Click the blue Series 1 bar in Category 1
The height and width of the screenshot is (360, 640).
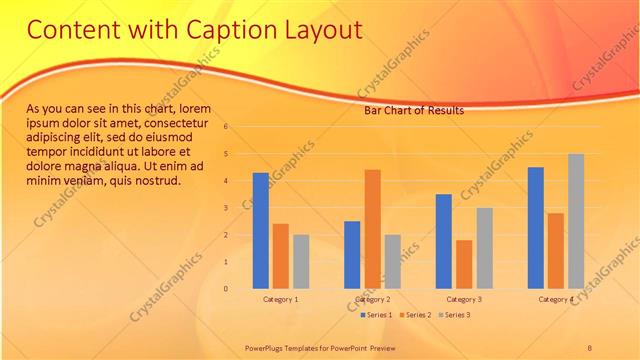coord(261,230)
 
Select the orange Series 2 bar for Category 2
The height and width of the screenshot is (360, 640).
coord(372,229)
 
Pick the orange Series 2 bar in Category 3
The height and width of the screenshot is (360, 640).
coord(464,264)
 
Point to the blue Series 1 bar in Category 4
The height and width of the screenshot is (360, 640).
coord(536,227)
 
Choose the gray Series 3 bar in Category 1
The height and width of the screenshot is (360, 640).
coord(301,261)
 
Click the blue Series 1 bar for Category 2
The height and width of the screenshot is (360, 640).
coord(352,254)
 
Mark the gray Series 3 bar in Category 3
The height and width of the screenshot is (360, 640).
coord(484,248)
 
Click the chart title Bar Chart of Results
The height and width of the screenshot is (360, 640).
coord(413,110)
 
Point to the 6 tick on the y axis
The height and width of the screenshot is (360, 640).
coord(227,127)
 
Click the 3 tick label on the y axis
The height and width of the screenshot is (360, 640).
coord(227,208)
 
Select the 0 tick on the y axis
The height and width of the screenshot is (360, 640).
coord(227,289)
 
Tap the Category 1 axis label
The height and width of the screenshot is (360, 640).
coord(281,299)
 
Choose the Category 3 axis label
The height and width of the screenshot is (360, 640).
coord(464,299)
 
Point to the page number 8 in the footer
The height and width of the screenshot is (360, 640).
coord(590,347)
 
